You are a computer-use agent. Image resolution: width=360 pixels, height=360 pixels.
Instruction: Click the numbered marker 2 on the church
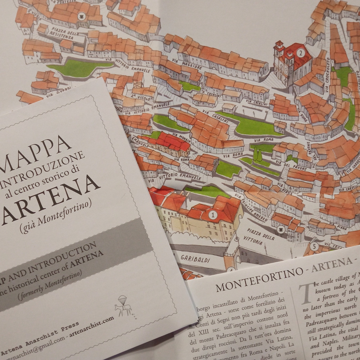click(300, 53)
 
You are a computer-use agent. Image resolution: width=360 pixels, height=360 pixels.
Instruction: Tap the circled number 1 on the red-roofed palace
click(213, 215)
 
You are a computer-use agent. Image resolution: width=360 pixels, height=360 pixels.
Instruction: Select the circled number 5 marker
click(314, 247)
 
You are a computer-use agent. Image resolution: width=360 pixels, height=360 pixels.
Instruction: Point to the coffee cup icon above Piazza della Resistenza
click(82, 15)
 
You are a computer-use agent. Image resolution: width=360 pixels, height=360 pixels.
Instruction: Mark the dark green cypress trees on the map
click(257, 155)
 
